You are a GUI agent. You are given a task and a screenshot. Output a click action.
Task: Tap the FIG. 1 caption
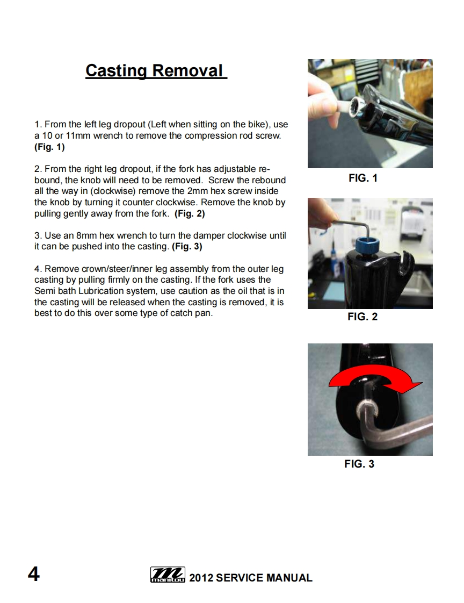point(363,178)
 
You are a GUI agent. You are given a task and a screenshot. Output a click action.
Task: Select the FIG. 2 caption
point(363,317)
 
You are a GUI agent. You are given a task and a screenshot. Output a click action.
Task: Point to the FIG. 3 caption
point(359,464)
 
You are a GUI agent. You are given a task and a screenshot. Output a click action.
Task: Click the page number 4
point(33,574)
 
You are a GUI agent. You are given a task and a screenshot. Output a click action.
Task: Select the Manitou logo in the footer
point(168,575)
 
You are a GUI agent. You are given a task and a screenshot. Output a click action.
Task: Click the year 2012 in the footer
point(201,578)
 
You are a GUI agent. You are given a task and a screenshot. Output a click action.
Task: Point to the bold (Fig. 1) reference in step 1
point(49,147)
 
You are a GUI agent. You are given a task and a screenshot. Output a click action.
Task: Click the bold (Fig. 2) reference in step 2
point(190,213)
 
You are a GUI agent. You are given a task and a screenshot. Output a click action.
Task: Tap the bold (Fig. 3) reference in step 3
point(187,247)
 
